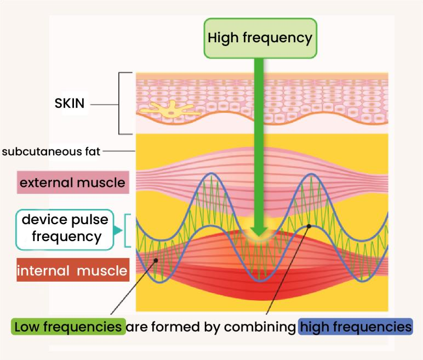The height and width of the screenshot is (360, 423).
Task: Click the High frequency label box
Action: point(260,38)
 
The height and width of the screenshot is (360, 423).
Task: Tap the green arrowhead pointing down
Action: point(260,233)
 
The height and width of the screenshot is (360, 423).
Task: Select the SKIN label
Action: point(70,103)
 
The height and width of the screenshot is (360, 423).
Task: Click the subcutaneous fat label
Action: point(51,151)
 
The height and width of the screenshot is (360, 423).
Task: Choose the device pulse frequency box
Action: point(65,229)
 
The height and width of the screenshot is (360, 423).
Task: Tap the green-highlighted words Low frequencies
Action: point(68,328)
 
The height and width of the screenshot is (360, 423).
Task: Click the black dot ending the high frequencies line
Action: point(309,225)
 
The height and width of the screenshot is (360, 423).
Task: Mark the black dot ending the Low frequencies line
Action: point(157,260)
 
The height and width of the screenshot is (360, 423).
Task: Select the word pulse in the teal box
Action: point(81,221)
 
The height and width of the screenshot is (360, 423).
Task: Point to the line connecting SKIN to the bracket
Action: point(104,104)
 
